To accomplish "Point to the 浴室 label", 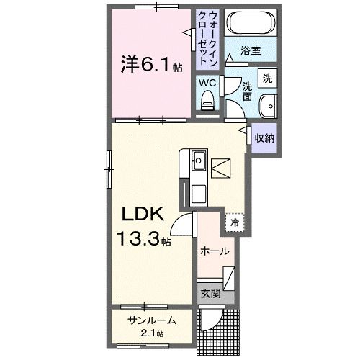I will pyautogui.click(x=251, y=53).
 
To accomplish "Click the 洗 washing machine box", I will pyautogui.click(x=267, y=77).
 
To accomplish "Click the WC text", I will pyautogui.click(x=207, y=83).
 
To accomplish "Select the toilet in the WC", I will pyautogui.click(x=208, y=105).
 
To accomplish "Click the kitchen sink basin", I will pyautogui.click(x=199, y=159).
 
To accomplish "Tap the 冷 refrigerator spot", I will pyautogui.click(x=234, y=223).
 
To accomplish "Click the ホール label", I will pyautogui.click(x=215, y=251).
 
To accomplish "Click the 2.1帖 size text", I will pyautogui.click(x=152, y=333).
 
